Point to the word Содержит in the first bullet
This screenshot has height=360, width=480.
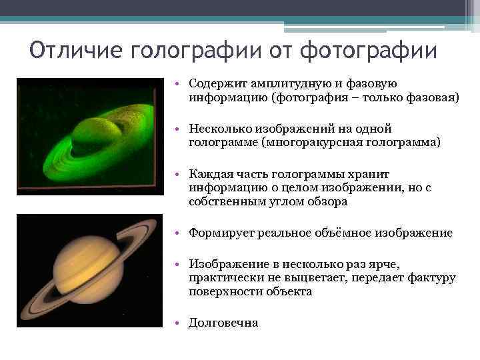[x=213, y=85]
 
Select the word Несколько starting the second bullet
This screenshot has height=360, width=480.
[x=217, y=129]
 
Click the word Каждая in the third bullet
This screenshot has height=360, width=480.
[x=207, y=175]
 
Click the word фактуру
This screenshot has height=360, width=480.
[x=433, y=278]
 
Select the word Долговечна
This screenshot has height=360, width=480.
[x=223, y=323]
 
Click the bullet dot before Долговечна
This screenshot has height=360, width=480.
[x=180, y=323]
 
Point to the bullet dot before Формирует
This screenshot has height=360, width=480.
[x=180, y=233]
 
